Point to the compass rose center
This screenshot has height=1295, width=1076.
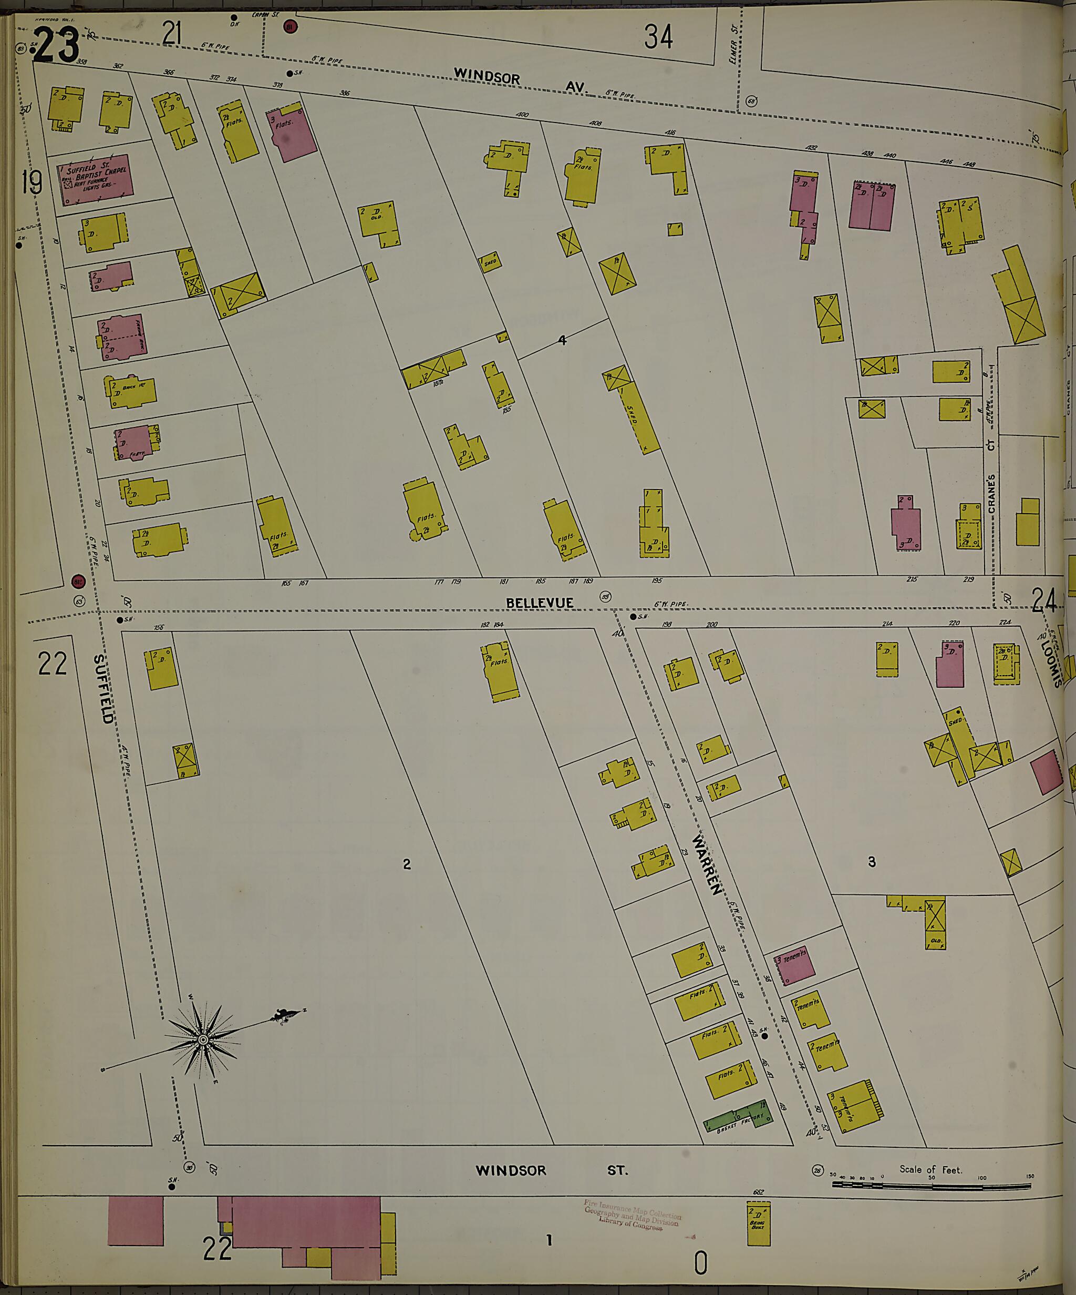pyautogui.click(x=203, y=1041)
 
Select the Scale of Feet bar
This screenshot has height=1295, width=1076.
pyautogui.click(x=930, y=1185)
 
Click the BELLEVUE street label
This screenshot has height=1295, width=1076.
pyautogui.click(x=539, y=603)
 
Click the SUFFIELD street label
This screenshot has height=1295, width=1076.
pyautogui.click(x=103, y=689)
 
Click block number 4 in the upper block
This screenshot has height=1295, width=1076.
pyautogui.click(x=562, y=339)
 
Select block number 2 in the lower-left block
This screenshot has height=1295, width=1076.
pyautogui.click(x=406, y=864)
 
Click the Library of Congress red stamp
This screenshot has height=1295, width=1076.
pyautogui.click(x=632, y=1216)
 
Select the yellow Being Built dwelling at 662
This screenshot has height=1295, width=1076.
pyautogui.click(x=759, y=1222)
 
